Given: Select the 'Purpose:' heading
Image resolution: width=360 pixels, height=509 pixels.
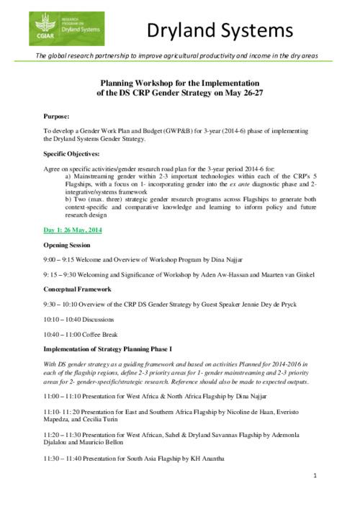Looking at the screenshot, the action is (x=58, y=114).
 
